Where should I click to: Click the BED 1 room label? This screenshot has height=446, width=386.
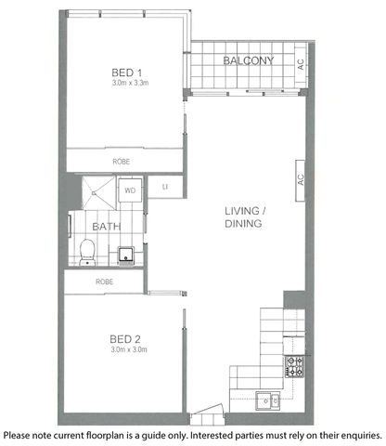tap(125, 72)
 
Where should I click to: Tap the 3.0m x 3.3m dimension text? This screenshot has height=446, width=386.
tap(125, 85)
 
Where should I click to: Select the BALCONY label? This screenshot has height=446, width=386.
tap(249, 61)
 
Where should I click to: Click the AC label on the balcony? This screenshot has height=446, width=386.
tap(301, 64)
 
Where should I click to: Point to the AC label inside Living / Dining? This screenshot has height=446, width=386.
tap(301, 179)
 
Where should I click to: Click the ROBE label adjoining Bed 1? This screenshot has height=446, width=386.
tap(122, 162)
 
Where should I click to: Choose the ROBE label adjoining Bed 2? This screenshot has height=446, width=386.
tap(104, 281)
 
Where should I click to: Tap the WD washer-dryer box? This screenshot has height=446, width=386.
tap(129, 191)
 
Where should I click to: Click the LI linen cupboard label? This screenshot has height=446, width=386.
tap(165, 188)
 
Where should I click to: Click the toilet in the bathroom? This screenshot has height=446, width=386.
tap(87, 248)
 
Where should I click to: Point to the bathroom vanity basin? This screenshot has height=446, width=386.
tap(126, 254)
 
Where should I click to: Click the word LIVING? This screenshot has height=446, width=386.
tap(245, 211)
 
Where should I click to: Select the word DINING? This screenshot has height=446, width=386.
tap(245, 224)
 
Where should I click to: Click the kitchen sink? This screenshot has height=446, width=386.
tap(267, 400)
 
